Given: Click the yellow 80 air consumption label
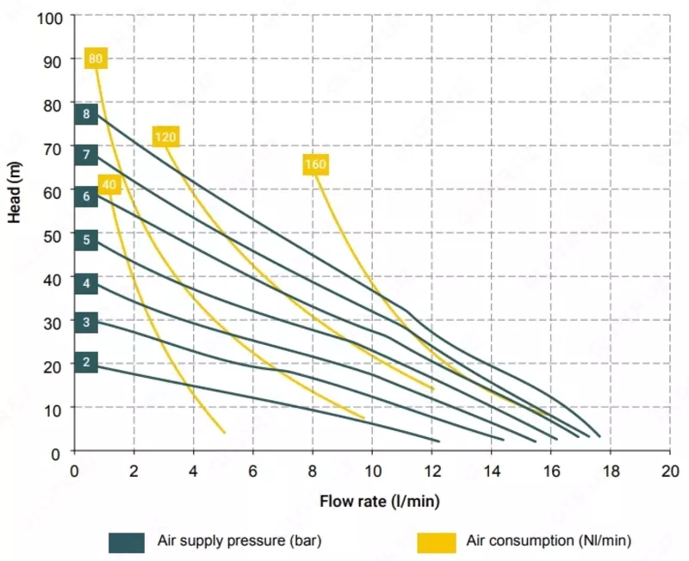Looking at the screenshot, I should pyautogui.click(x=96, y=59).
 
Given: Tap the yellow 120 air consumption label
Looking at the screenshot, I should pyautogui.click(x=165, y=137).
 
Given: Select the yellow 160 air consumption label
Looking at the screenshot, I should pyautogui.click(x=316, y=164).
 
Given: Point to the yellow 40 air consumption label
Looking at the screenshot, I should pyautogui.click(x=109, y=184).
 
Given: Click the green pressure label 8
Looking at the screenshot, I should pyautogui.click(x=86, y=114).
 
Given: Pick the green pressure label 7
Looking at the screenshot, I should pyautogui.click(x=86, y=156).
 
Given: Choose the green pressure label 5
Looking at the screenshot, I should pyautogui.click(x=86, y=240).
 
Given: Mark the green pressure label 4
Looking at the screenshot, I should pyautogui.click(x=86, y=283).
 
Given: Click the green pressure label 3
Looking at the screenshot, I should pyautogui.click(x=86, y=324).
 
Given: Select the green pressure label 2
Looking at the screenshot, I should pyautogui.click(x=86, y=362).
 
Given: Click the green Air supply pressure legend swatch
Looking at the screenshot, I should pyautogui.click(x=127, y=542).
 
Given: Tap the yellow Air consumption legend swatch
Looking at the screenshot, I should pyautogui.click(x=437, y=542).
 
